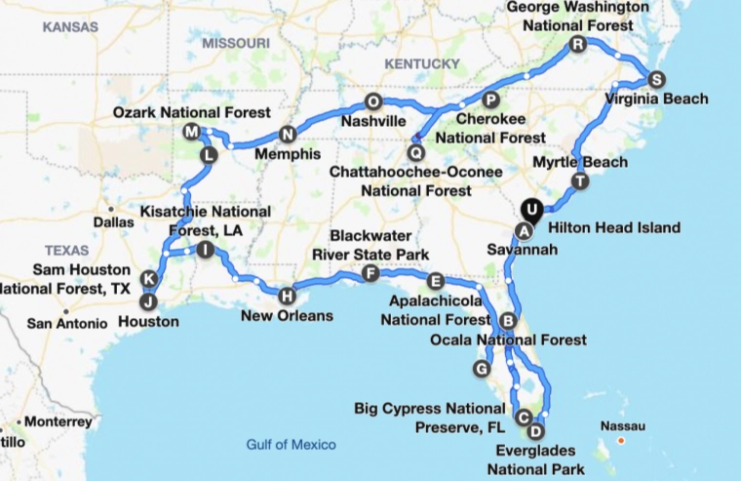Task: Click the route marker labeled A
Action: point(524,230)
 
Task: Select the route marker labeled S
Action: point(655,79)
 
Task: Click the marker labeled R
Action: point(578,45)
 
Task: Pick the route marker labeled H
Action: point(287,295)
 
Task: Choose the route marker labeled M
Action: point(191,132)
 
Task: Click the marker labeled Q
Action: point(416,152)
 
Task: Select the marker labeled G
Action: point(481,368)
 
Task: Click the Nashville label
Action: point(372,122)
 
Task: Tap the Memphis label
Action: point(287,154)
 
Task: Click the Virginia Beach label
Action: point(655,99)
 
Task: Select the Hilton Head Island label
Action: point(614,228)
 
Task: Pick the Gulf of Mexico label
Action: point(291,445)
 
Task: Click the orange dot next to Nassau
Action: point(620,441)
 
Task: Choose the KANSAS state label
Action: point(70,26)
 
